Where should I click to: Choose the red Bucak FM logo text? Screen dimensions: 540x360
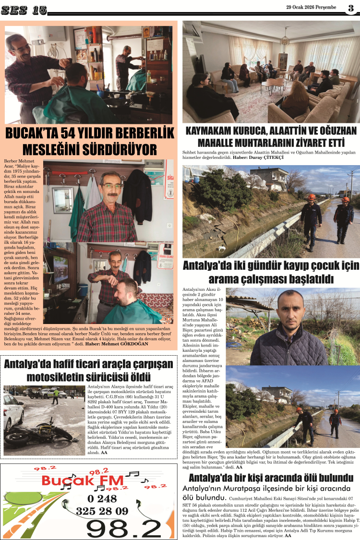[x=84, y=480]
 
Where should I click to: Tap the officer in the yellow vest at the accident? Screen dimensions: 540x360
[x=56, y=396]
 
